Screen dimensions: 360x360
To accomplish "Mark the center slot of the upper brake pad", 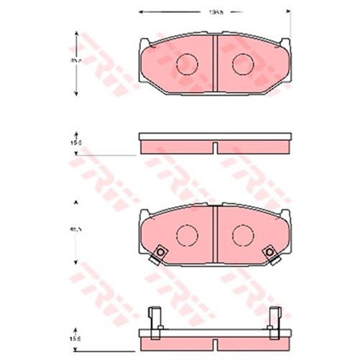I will tap(214, 63).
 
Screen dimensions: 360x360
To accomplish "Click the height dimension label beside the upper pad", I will tap(75, 63).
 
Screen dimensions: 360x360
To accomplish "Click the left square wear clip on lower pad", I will tap(160, 251).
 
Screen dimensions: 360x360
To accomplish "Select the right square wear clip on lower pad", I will tap(270, 251).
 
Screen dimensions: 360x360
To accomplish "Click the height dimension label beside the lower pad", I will tap(75, 230).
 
